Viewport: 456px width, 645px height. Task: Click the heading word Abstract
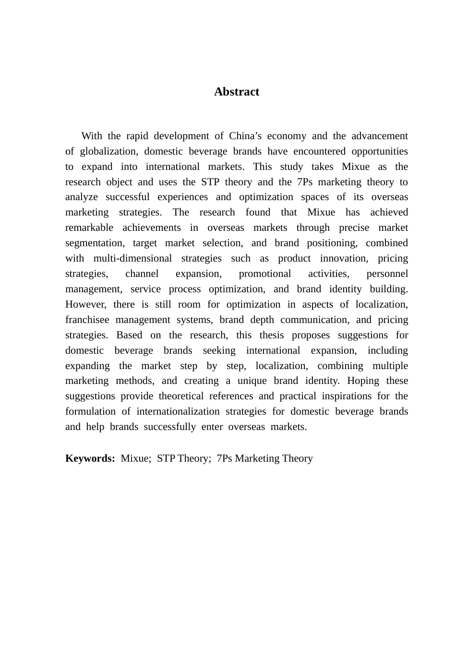(236, 92)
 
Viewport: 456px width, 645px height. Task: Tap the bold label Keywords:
(90, 458)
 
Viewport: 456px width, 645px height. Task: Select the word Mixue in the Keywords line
(135, 458)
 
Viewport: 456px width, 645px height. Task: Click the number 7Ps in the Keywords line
(224, 458)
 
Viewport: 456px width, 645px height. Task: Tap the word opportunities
(380, 151)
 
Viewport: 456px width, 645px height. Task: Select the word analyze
(81, 197)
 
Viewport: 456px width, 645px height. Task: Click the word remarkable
(89, 227)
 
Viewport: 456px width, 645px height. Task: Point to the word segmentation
(94, 243)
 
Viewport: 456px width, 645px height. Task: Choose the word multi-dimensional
(132, 258)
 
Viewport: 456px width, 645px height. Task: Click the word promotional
(264, 274)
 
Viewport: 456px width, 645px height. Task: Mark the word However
(85, 304)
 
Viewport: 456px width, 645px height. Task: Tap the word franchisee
(87, 320)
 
